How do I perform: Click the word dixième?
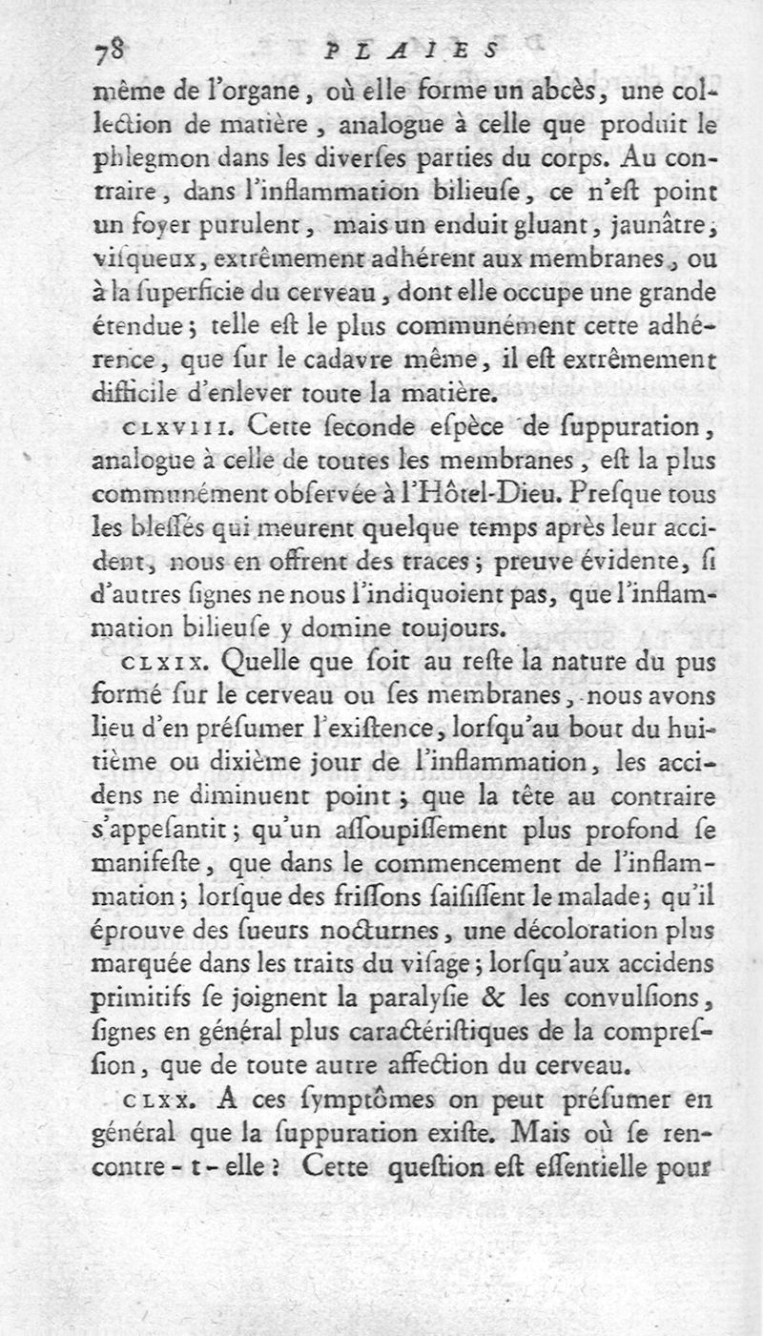(x=220, y=761)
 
